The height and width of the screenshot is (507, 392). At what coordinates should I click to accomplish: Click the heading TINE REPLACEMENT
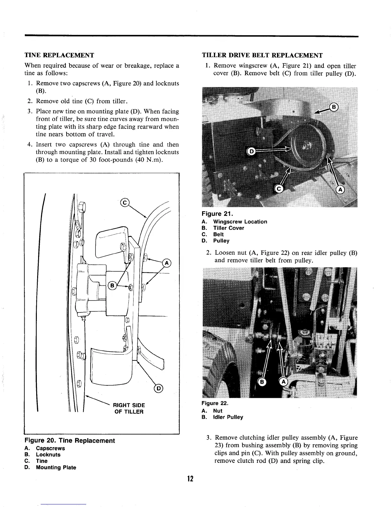(x=59, y=55)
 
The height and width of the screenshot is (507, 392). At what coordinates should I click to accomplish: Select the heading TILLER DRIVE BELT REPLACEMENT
(x=262, y=55)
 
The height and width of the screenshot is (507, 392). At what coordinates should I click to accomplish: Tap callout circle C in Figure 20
(x=125, y=202)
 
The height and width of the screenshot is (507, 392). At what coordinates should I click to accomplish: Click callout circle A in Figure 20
(x=167, y=263)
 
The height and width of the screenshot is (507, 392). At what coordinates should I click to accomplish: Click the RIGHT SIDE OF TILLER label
(x=129, y=408)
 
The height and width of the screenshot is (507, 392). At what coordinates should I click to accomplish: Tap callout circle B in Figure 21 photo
(x=334, y=107)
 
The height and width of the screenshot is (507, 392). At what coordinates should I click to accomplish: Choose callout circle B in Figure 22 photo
(x=262, y=382)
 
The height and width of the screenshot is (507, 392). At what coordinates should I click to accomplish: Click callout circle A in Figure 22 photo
(x=284, y=382)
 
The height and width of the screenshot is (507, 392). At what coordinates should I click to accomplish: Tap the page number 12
(x=191, y=479)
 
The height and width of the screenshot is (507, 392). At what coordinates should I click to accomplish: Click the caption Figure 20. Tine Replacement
(x=69, y=440)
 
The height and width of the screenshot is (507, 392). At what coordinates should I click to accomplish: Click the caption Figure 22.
(x=214, y=404)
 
